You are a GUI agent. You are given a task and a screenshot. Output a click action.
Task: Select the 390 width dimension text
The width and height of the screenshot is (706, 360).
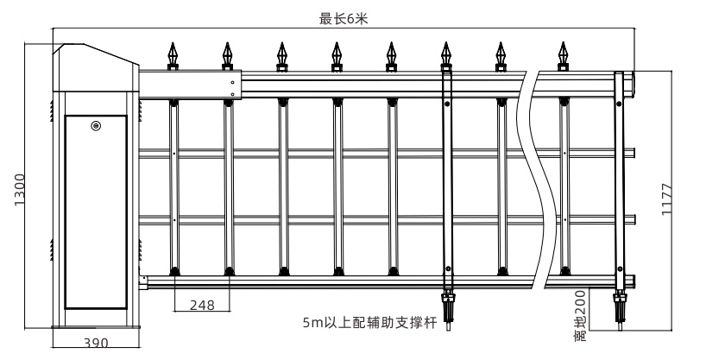(x=96, y=344)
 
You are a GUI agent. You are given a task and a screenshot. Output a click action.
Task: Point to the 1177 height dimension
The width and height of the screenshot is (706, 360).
(x=666, y=200)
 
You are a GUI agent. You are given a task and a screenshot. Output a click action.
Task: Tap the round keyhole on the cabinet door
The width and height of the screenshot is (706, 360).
(x=95, y=126)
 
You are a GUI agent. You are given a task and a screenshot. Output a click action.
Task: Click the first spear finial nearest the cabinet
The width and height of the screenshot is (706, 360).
(x=173, y=56)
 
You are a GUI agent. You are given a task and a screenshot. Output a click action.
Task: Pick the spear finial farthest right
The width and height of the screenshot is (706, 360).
(x=564, y=56)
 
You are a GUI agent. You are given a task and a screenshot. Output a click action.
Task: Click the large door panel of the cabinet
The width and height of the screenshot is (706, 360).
(x=95, y=212)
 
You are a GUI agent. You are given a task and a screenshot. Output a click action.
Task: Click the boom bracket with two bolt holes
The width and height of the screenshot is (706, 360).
(x=231, y=85)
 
